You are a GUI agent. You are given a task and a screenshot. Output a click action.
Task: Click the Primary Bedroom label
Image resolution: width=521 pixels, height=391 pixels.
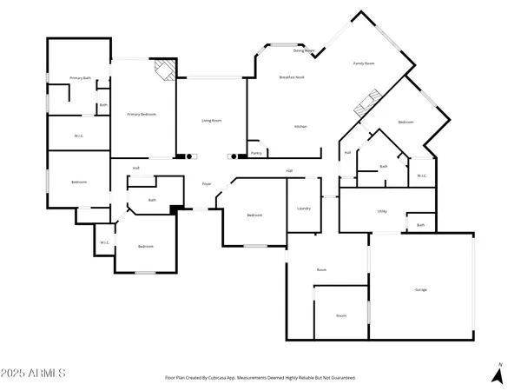point(142,114)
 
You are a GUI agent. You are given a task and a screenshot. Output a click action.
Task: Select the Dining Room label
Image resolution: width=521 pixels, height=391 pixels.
point(303,51)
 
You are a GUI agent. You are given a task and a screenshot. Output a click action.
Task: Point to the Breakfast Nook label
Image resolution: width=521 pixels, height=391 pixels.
point(291,78)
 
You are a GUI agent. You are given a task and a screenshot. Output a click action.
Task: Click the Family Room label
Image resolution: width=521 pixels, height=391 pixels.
point(363,64)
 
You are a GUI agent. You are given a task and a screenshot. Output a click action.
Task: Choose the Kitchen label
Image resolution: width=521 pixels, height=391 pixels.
point(300,127)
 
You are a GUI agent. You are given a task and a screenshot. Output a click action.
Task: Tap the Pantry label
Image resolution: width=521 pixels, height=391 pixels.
point(256,153)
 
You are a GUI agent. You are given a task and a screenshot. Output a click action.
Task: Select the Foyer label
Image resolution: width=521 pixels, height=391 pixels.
point(208,184)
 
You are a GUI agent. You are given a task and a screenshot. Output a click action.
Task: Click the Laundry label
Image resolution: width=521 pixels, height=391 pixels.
point(304,209)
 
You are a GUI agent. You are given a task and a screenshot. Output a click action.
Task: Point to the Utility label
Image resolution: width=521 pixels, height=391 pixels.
point(381,211)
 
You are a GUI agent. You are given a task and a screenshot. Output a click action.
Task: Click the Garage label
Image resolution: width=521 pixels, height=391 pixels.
point(420,289)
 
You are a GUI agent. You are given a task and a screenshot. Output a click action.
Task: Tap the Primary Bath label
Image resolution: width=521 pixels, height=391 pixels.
point(80,79)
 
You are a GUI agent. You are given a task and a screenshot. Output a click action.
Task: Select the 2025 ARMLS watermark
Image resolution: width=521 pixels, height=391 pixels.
point(34,373)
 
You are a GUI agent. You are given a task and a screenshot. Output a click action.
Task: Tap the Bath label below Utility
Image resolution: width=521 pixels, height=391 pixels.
point(420,226)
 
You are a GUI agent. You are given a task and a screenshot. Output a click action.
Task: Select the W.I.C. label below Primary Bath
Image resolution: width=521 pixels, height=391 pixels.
point(78,136)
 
